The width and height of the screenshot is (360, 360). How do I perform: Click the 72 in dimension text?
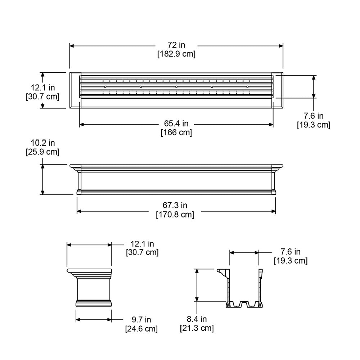pos(176,45)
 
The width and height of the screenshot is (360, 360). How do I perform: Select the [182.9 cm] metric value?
pos(176,54)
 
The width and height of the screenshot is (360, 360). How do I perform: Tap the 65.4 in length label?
pos(176,124)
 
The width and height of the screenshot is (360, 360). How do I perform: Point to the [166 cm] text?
pos(176,132)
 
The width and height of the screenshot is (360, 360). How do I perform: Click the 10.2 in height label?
pos(42,143)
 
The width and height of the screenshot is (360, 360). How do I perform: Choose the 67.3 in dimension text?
pos(175,206)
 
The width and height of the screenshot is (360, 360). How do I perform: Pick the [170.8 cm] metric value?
pos(175,215)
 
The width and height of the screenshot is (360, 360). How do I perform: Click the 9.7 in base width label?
pos(141,319)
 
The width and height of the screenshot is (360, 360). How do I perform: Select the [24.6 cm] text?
pos(141,329)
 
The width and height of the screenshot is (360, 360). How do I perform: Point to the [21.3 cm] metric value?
pos(197,328)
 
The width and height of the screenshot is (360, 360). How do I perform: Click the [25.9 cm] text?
pos(42,152)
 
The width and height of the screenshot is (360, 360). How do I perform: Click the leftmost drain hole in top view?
pos(105,87)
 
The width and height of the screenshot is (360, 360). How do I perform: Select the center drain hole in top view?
pos(176,87)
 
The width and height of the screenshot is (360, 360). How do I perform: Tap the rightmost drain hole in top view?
pos(247,87)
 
